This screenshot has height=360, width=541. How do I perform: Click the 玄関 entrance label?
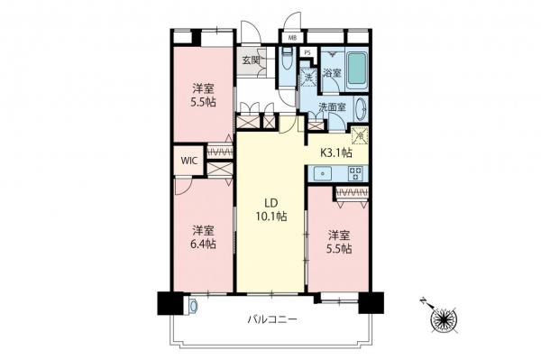point(250,60)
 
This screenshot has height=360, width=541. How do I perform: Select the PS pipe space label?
point(307,52)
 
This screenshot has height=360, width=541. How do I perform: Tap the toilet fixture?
point(286,65)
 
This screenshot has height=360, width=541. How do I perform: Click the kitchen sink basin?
point(321,173)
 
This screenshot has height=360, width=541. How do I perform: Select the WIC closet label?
point(188,161)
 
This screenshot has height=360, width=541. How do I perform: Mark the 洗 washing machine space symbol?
point(307,78)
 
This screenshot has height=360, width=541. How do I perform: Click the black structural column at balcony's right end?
point(367,302)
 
